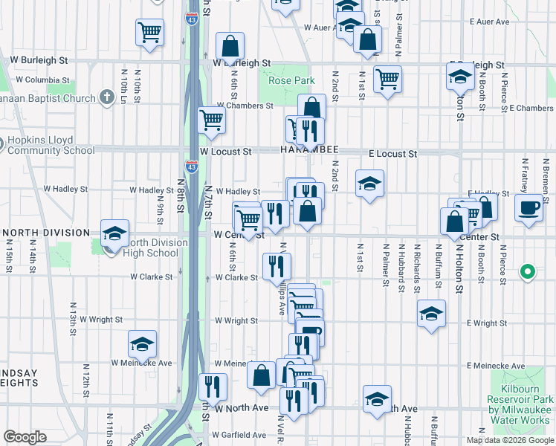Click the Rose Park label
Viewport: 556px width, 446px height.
click(x=291, y=80)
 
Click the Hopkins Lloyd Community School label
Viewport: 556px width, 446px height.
click(x=51, y=145)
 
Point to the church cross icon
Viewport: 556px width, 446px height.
click(x=107, y=97)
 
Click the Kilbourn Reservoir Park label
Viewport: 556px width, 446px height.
click(x=520, y=399)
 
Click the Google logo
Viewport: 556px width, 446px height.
click(x=25, y=437)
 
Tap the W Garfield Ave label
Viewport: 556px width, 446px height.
click(x=239, y=435)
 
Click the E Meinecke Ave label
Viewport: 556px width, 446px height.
click(x=497, y=366)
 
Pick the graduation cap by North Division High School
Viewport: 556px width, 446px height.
click(x=114, y=233)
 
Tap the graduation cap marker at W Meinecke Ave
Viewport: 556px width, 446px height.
click(x=142, y=343)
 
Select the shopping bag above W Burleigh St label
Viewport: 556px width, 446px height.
click(x=230, y=46)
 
